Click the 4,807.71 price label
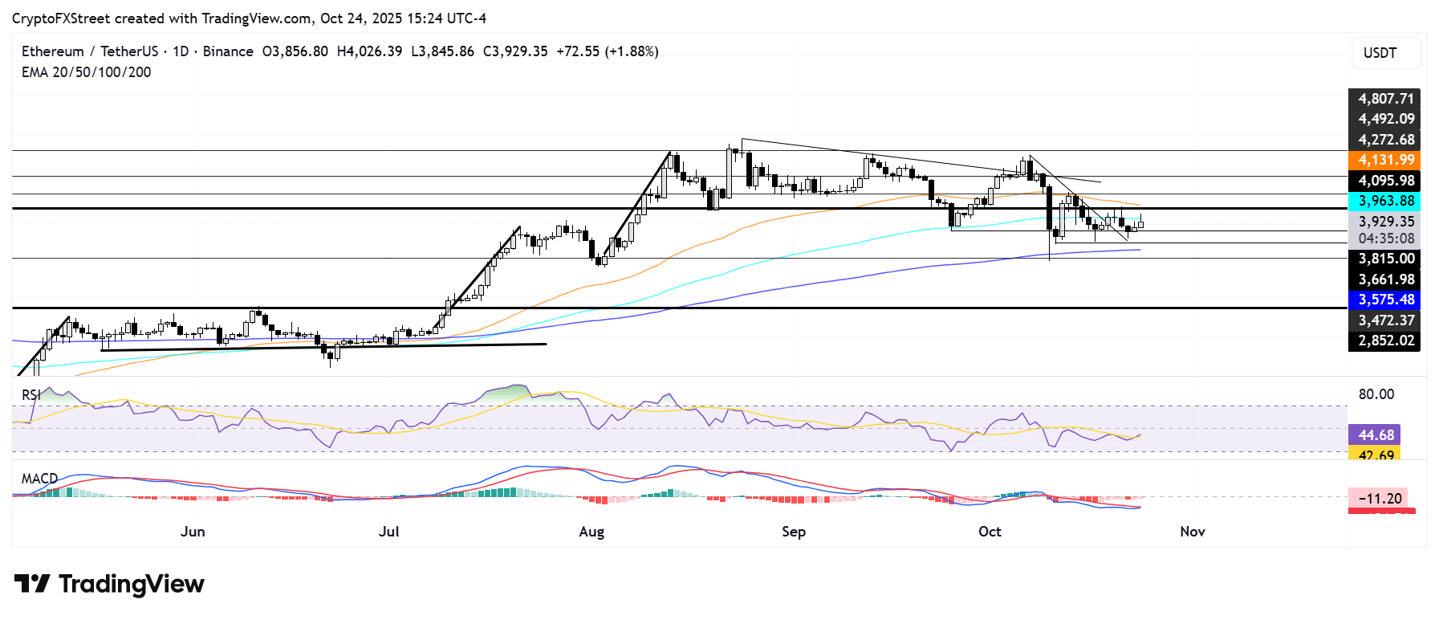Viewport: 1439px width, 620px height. (x=1384, y=99)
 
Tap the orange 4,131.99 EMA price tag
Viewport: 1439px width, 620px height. (x=1384, y=161)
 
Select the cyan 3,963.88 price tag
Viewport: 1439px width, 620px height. (x=1384, y=202)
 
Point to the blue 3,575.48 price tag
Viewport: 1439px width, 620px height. (x=1384, y=300)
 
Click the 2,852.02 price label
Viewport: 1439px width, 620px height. (x=1384, y=341)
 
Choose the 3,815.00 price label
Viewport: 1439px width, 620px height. (x=1384, y=259)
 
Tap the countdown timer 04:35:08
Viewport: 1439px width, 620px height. (x=1386, y=239)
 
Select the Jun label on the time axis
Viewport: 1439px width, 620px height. (x=193, y=532)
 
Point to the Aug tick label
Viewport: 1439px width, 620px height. (x=591, y=532)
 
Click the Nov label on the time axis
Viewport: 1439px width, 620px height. (x=1193, y=532)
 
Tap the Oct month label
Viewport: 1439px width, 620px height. (x=990, y=532)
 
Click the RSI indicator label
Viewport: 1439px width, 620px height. (x=31, y=395)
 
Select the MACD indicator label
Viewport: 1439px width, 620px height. (x=39, y=479)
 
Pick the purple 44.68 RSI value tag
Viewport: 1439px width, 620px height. (x=1375, y=435)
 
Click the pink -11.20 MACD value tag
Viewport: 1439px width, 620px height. (x=1379, y=499)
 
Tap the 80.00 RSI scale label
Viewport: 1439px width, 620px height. (x=1376, y=394)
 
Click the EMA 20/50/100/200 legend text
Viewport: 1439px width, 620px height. (x=86, y=72)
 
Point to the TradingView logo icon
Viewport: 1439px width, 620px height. (x=33, y=584)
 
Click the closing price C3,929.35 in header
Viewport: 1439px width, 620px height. (x=515, y=51)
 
